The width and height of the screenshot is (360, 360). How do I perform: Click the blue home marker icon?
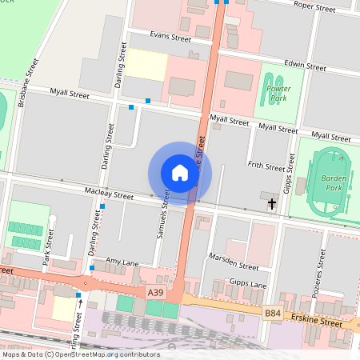180,172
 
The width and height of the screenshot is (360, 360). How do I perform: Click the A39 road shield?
156,294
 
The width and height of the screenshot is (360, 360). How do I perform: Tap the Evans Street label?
170,37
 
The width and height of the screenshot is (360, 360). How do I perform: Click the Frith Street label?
266,166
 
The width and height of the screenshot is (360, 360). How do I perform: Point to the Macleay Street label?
109,194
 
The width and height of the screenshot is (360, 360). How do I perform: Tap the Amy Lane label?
122,262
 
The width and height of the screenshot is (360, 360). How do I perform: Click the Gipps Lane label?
247,284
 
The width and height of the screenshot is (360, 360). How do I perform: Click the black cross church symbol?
272,205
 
